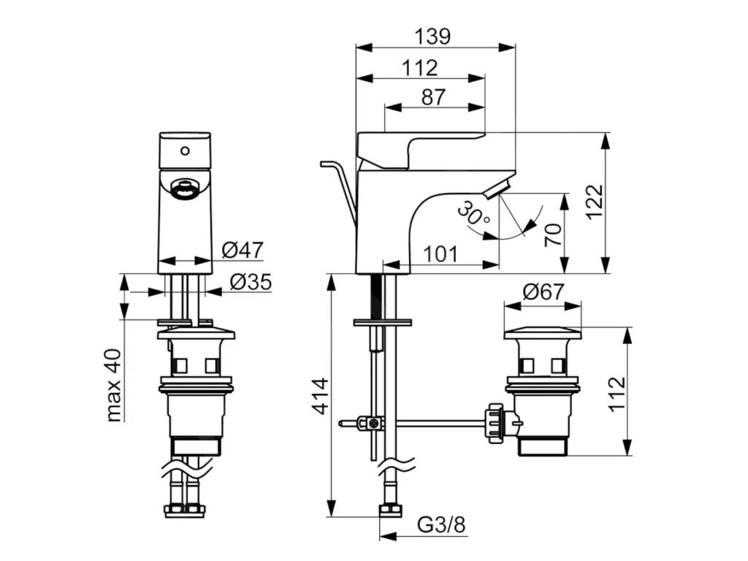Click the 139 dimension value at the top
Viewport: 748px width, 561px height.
pyautogui.click(x=434, y=36)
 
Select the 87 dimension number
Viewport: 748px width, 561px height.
pyautogui.click(x=433, y=97)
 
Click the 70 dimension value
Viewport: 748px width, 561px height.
pyautogui.click(x=554, y=235)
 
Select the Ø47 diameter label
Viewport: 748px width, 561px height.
pyautogui.click(x=243, y=251)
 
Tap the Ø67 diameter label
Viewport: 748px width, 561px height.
pyautogui.click(x=543, y=292)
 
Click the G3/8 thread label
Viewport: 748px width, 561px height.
pyautogui.click(x=441, y=524)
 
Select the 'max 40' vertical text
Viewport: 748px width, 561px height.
pyautogui.click(x=114, y=384)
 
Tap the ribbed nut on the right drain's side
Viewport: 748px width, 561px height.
pyautogui.click(x=494, y=421)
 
